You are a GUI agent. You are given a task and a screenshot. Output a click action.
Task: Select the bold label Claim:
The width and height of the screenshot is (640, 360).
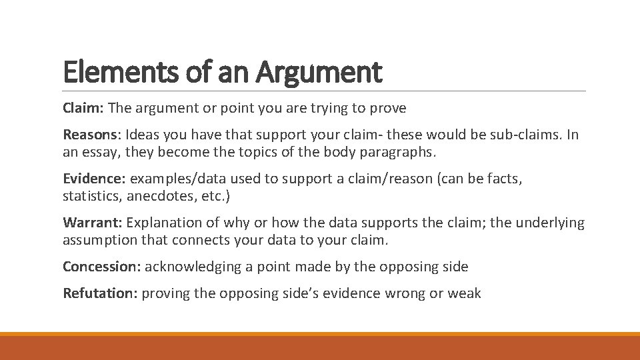(x=83, y=107)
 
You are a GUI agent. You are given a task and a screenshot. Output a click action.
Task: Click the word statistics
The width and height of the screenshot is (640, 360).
(x=90, y=196)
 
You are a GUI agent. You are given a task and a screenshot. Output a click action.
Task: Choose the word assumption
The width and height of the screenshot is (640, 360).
(x=100, y=240)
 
